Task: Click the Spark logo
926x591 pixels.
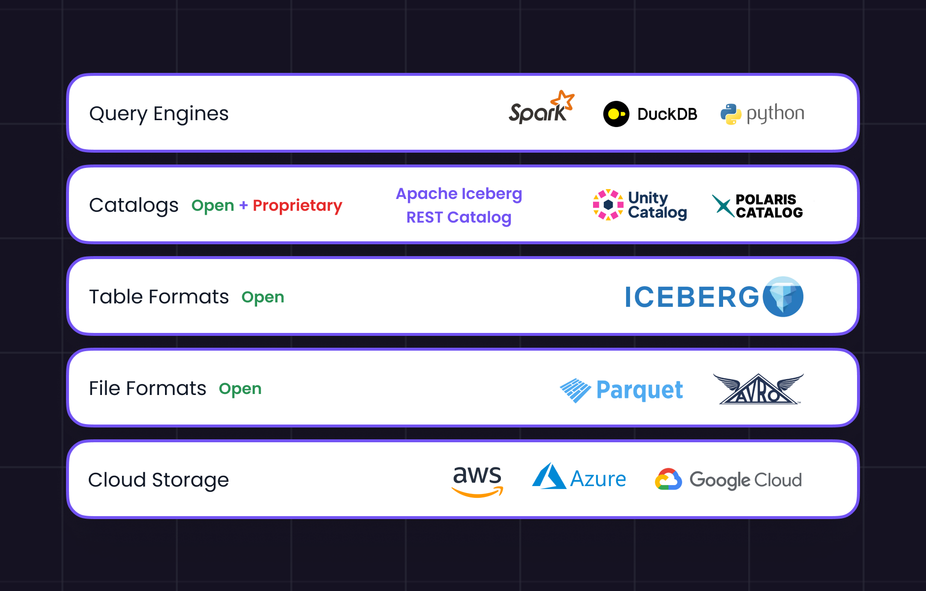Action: (x=541, y=108)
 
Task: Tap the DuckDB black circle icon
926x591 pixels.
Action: (x=616, y=114)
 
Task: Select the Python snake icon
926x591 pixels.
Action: (x=731, y=114)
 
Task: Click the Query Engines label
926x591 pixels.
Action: (x=159, y=114)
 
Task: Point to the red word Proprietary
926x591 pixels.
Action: (x=297, y=205)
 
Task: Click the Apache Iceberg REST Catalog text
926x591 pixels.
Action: (x=459, y=205)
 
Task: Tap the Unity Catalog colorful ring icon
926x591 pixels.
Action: (x=608, y=204)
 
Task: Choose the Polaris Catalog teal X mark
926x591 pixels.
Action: (x=723, y=205)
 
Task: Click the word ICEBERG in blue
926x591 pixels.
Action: (x=692, y=297)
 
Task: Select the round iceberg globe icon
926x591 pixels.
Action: (x=783, y=296)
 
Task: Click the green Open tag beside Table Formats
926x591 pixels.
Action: (x=263, y=297)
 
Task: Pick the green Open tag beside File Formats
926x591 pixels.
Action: (x=240, y=389)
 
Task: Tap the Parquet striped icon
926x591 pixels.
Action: (x=575, y=390)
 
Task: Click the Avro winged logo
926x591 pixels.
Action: (x=759, y=389)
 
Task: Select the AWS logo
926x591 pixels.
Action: (x=477, y=481)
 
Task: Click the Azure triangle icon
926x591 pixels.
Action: (x=549, y=477)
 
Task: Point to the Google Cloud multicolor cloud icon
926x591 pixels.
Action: (x=668, y=480)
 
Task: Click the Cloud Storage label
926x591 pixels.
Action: (x=158, y=480)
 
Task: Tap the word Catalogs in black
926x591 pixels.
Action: (x=133, y=205)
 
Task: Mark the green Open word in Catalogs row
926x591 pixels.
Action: (x=213, y=205)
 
